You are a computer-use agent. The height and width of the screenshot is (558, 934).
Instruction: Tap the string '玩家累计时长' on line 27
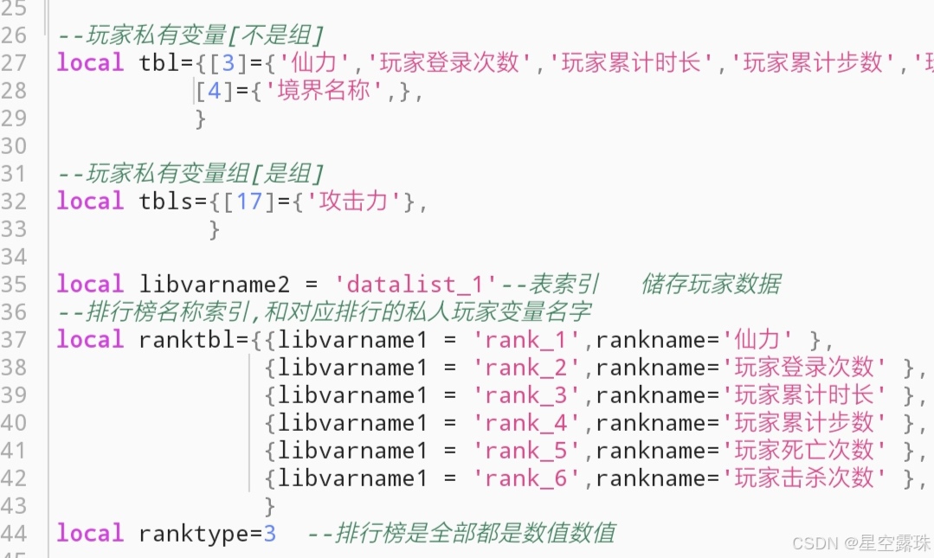click(x=631, y=63)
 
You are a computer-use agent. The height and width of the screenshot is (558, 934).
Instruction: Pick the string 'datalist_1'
click(x=416, y=285)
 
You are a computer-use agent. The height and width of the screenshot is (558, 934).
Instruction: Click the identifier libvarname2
click(x=222, y=285)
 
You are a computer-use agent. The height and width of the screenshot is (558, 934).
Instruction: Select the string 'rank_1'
click(x=525, y=340)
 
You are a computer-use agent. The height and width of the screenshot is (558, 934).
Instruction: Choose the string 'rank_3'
click(x=525, y=395)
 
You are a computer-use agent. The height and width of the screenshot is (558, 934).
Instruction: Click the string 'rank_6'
click(x=525, y=478)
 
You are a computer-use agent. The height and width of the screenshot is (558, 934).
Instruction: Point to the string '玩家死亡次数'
click(x=804, y=451)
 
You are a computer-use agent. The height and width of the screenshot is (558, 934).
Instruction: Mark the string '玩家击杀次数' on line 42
click(x=804, y=478)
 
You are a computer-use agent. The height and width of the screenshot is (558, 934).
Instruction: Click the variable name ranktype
click(x=194, y=534)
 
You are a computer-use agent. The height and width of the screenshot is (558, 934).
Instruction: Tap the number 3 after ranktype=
click(x=270, y=534)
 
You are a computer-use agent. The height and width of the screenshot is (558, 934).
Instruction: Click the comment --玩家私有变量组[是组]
click(x=190, y=174)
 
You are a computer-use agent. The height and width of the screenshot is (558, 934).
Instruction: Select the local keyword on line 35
click(x=90, y=285)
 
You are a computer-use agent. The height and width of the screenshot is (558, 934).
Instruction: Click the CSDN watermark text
click(x=861, y=542)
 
